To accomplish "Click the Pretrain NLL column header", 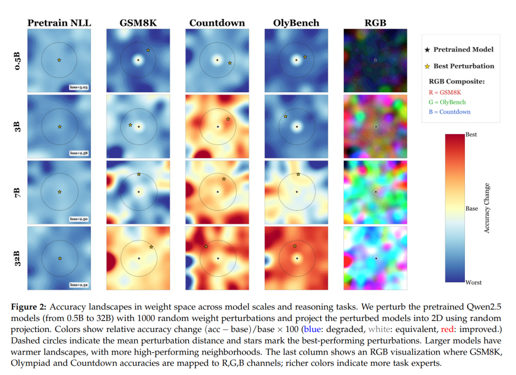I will click(59, 23).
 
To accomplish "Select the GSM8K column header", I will click(138, 23).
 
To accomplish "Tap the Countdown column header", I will click(217, 23).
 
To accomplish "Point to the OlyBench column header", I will click(296, 23).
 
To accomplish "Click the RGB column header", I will click(375, 23).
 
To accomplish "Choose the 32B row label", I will click(18, 258).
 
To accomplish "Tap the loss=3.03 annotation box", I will click(79, 87).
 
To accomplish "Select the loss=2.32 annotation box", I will click(79, 285).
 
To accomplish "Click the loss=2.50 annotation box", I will click(79, 219).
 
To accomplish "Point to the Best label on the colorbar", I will click(471, 135).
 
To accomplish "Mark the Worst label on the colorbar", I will click(473, 282).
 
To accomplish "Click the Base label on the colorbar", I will click(472, 208).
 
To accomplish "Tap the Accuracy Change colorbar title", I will click(487, 208).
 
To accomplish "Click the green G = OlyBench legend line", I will click(447, 102).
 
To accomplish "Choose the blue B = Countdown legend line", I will click(450, 112).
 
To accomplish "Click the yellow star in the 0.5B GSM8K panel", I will click(148, 50).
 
